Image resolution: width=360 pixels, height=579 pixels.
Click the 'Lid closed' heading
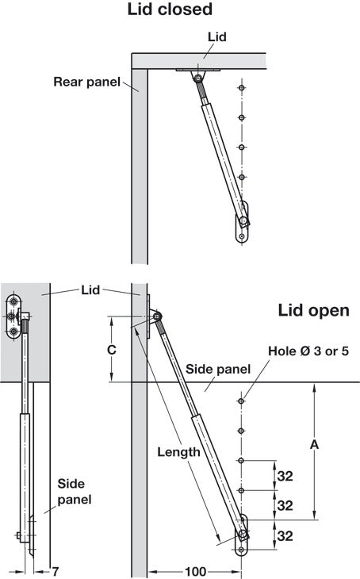[x=170, y=10]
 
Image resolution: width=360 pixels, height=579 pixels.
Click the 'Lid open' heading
[x=313, y=311]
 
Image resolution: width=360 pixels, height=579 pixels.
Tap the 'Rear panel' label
[x=86, y=82]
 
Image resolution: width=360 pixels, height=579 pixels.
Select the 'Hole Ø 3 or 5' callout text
[x=308, y=351]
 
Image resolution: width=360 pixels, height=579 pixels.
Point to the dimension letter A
[x=314, y=445]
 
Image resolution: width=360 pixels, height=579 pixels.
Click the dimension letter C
[x=112, y=349]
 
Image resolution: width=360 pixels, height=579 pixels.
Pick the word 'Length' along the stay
[x=178, y=452]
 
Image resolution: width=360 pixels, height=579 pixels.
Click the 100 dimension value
[x=195, y=572]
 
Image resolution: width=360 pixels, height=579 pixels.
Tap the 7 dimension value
[x=55, y=572]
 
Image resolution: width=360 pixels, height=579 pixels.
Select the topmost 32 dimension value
[x=285, y=477]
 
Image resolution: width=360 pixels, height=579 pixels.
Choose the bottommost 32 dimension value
[x=285, y=536]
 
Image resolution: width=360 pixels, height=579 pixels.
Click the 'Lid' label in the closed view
[x=217, y=37]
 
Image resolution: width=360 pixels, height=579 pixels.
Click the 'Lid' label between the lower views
[x=90, y=290]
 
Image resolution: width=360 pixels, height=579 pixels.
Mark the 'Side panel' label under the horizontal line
[x=218, y=370]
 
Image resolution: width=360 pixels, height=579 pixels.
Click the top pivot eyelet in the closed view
[x=199, y=78]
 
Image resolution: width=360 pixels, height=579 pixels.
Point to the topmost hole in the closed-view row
[x=242, y=88]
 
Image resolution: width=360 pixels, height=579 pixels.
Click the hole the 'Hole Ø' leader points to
[x=242, y=401]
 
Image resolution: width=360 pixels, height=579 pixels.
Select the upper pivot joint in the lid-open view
[x=157, y=316]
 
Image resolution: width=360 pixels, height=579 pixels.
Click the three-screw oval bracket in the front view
[x=14, y=316]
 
